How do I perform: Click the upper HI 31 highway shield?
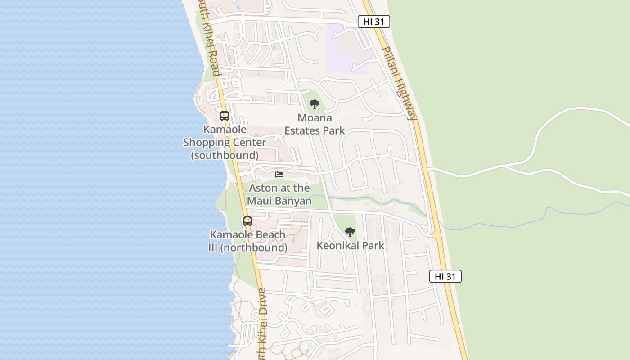[373, 22]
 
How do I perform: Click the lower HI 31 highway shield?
[445, 276]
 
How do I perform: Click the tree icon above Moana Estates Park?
[315, 104]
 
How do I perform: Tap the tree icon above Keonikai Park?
[350, 232]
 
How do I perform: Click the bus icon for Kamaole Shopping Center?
[225, 116]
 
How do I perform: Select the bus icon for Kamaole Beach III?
[247, 221]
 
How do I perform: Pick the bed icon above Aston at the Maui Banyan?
[279, 174]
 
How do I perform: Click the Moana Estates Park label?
[315, 124]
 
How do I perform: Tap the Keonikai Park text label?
[351, 246]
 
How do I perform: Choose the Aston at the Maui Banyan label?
[279, 194]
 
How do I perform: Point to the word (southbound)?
[225, 156]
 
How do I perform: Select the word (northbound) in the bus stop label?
[254, 247]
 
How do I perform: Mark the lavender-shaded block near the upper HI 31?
[346, 49]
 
